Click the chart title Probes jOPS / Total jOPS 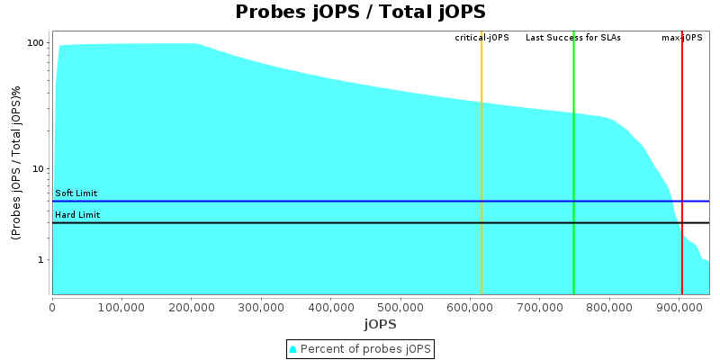(x=360, y=13)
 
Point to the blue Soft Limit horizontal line (x=360, y=202)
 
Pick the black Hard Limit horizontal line (x=360, y=222)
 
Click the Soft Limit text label (x=76, y=193)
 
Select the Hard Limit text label (x=77, y=215)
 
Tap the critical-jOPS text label (x=481, y=38)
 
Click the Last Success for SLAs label (x=573, y=38)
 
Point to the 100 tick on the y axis (x=36, y=43)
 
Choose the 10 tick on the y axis (x=39, y=169)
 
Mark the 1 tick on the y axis (x=41, y=260)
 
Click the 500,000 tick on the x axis (x=400, y=307)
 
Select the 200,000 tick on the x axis (x=192, y=307)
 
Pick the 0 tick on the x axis (x=52, y=307)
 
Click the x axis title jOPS (x=380, y=324)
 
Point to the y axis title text (x=16, y=163)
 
